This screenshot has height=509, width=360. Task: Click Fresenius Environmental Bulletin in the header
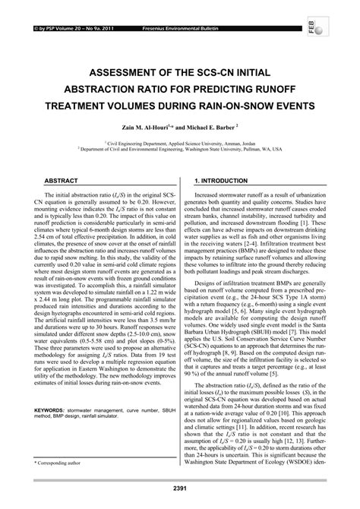tap(165, 8)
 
